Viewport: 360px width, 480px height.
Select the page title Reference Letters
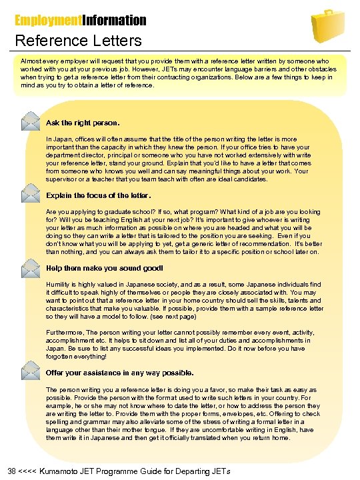click(x=79, y=41)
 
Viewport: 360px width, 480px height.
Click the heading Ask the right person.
click(x=83, y=123)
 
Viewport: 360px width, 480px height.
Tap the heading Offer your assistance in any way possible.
click(x=119, y=373)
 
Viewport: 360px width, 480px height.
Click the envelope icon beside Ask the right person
click(x=30, y=121)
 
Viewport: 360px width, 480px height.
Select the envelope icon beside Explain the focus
click(x=30, y=194)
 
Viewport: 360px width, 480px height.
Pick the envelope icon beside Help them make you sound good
click(x=30, y=267)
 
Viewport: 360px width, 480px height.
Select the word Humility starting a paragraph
click(x=58, y=283)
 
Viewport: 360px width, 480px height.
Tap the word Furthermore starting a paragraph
click(x=67, y=331)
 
